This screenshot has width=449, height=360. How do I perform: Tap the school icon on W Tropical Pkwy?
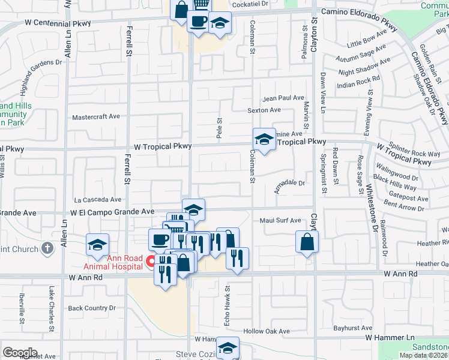264,140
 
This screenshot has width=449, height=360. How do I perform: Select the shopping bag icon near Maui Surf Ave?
307,242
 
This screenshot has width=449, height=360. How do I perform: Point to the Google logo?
20,353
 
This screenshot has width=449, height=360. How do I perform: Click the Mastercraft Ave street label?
96,116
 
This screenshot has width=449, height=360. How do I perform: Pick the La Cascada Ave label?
97,200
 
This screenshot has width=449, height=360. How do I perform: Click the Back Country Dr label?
91,308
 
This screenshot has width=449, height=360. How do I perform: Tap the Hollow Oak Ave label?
267,331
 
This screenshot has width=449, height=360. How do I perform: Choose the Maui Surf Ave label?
280,220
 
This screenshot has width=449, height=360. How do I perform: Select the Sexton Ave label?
264,110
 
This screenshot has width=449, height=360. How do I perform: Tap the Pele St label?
219,126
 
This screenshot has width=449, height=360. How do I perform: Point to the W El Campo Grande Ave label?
112,212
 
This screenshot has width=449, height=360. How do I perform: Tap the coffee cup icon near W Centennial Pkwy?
197,22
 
